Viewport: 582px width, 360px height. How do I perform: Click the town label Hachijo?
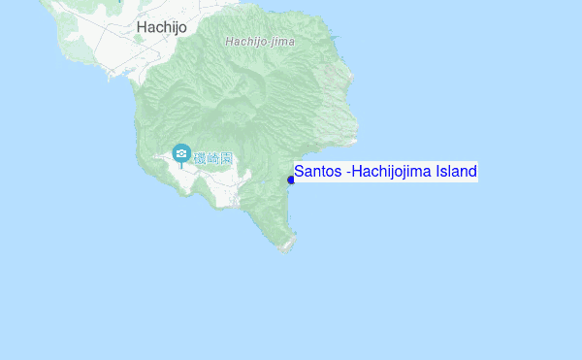162,27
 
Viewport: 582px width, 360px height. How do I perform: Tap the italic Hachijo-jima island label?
259,42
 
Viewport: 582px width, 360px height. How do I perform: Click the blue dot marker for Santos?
291,180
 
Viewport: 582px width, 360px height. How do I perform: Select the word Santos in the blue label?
317,172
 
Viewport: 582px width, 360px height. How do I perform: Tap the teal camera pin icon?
181,153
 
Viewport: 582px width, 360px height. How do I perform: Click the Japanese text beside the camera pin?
212,156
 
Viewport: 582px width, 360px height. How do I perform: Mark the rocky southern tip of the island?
286,246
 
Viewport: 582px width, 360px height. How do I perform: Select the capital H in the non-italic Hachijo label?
143,27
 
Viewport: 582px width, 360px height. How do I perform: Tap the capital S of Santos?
300,172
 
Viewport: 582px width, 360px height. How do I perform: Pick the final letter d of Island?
472,172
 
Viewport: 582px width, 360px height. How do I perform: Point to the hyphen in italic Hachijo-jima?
266,42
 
